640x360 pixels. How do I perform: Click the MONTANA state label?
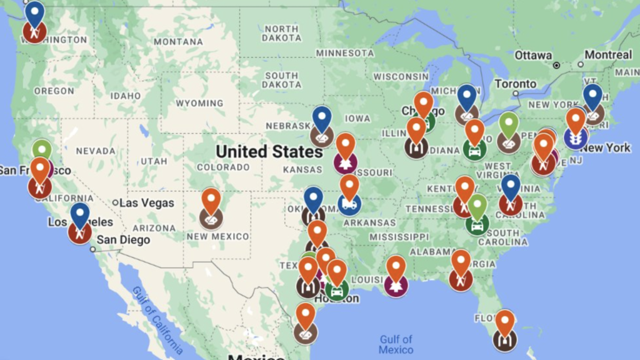(178, 42)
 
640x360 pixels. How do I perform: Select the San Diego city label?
(123, 240)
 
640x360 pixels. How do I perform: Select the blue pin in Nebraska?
(321, 119)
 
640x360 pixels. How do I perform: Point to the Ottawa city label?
(533, 55)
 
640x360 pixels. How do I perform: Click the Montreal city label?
(608, 55)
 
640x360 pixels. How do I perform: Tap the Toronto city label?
(515, 84)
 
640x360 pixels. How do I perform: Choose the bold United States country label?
(269, 151)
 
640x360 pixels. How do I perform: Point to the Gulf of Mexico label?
(396, 344)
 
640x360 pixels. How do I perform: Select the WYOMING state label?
(199, 103)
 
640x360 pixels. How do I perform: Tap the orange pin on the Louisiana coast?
(396, 269)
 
